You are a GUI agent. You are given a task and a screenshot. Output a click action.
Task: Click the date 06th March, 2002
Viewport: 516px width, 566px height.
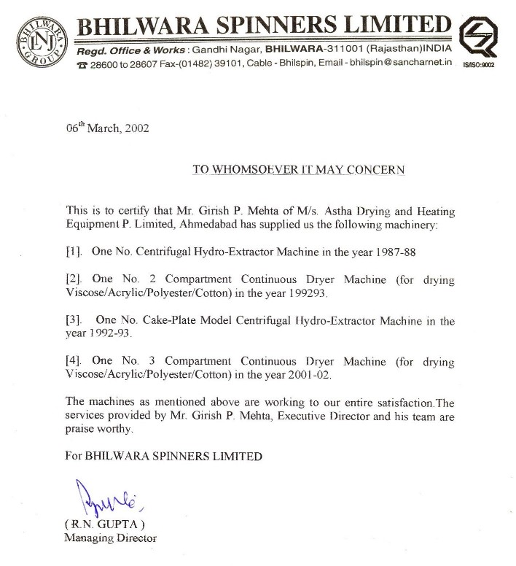(107, 128)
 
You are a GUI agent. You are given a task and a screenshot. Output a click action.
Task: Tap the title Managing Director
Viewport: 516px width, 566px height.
(111, 538)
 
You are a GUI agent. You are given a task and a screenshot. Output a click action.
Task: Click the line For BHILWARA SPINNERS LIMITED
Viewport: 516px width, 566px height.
(164, 457)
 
